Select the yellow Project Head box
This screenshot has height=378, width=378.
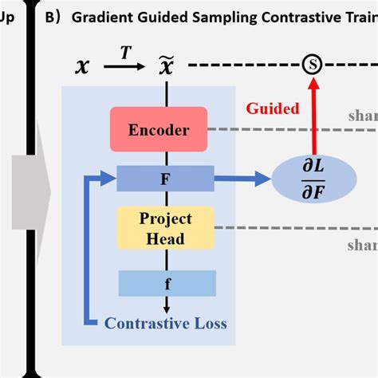(x=162, y=228)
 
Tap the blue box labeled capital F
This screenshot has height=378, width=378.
(x=164, y=178)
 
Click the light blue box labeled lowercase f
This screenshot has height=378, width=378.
(x=167, y=282)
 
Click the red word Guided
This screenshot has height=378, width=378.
(x=272, y=108)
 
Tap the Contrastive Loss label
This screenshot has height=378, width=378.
(x=167, y=323)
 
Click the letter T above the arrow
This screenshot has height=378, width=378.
(x=125, y=52)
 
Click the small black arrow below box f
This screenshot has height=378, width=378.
(x=167, y=305)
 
